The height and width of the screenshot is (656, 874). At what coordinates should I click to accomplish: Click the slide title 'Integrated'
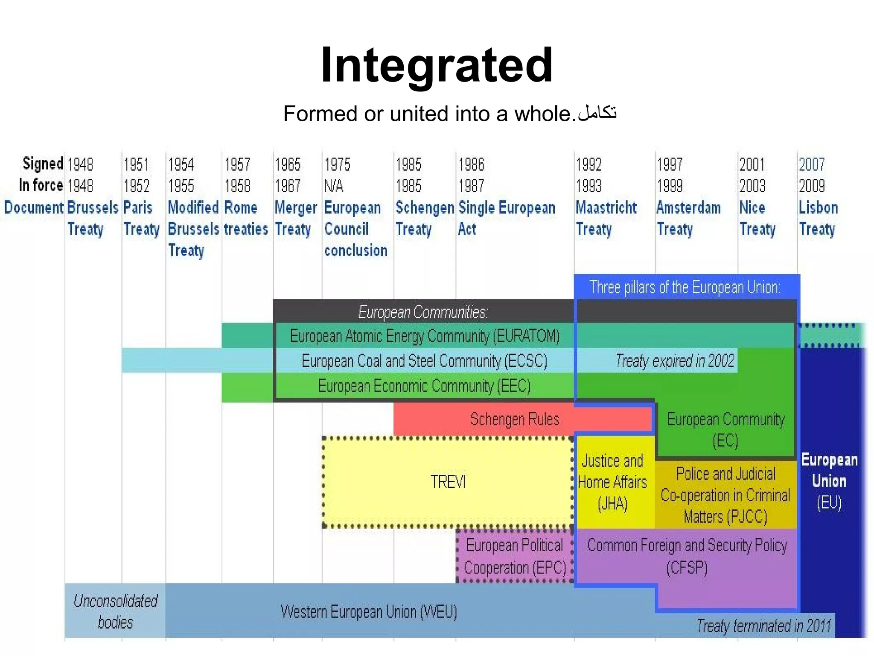coord(437,65)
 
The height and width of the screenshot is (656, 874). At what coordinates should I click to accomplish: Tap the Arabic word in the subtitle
coord(597,113)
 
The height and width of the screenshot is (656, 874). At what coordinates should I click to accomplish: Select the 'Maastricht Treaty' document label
coord(606,218)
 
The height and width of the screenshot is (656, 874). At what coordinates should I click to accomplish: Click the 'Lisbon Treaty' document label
coord(818,218)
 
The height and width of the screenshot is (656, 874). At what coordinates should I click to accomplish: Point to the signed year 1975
coord(337,164)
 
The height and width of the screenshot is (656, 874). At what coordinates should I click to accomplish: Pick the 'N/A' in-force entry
coord(333,186)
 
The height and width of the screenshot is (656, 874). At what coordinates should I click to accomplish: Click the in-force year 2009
coord(812,186)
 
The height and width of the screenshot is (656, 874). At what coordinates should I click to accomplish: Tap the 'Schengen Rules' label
coord(514,419)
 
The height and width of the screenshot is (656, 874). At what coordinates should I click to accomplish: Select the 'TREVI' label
coord(448,482)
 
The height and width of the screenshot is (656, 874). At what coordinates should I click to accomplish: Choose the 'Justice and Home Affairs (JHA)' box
coord(612,482)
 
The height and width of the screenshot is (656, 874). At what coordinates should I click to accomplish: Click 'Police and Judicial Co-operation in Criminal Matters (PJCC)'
coord(725,495)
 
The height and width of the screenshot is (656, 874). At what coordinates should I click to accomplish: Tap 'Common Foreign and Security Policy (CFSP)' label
coord(687,556)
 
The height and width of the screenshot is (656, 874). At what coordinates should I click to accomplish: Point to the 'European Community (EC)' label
coord(725,429)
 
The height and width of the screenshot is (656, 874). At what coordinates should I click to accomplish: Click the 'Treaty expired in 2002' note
coord(675,361)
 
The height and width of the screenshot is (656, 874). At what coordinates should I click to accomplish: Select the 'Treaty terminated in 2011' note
coord(763,626)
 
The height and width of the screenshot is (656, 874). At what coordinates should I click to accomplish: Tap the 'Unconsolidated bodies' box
coord(115,611)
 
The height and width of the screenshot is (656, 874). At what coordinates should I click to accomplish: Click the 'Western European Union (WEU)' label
coord(369,612)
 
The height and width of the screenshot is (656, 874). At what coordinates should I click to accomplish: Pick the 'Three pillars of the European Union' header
coord(685,287)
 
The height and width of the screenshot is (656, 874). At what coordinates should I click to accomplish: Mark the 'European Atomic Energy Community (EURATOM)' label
coord(425,336)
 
